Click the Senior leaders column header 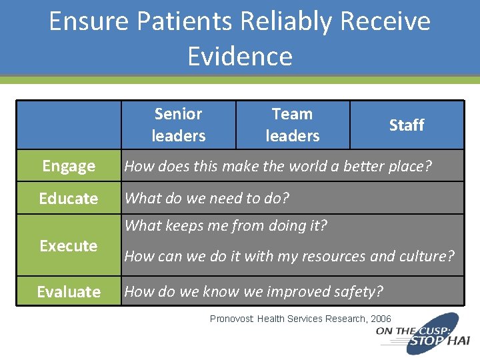[x=178, y=125]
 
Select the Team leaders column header [x=292, y=125]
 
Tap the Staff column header [x=406, y=125]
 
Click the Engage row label [x=69, y=166]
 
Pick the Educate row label [x=69, y=199]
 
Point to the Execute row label [x=69, y=246]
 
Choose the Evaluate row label [x=69, y=292]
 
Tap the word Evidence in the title [x=240, y=56]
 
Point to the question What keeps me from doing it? [x=225, y=225]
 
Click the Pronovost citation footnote [x=301, y=319]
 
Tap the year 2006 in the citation [x=380, y=319]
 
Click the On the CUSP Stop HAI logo [x=423, y=336]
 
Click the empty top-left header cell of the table [x=69, y=125]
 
